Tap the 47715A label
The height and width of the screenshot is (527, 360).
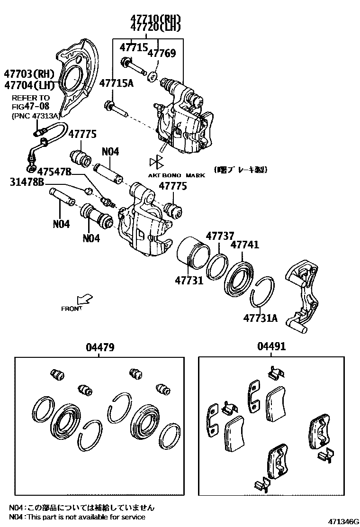coord(116,83)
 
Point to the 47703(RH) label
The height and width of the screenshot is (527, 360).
coord(29,74)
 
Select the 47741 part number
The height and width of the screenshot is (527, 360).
coord(244,245)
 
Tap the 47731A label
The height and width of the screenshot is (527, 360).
coord(260,318)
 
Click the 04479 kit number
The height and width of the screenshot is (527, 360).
coord(100,347)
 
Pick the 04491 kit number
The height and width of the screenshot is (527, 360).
coord(271,347)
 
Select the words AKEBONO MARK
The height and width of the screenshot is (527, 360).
coord(177,175)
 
